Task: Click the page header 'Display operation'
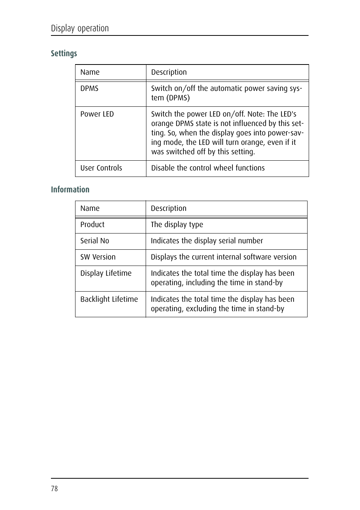[80, 28]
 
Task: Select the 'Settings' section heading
[64, 54]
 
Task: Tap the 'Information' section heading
[70, 190]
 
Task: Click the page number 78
[54, 488]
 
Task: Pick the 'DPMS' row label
[89, 89]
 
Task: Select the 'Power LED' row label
[97, 114]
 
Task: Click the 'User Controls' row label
[101, 168]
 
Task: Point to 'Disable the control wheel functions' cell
[208, 168]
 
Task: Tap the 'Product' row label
[92, 225]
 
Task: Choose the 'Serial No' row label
[95, 241]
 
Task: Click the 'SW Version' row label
[98, 257]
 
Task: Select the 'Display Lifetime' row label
[106, 273]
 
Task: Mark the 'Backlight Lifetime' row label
[109, 300]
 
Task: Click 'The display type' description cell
[177, 225]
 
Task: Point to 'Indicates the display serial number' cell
[207, 241]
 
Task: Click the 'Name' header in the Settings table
[90, 72]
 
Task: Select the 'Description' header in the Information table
[169, 209]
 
